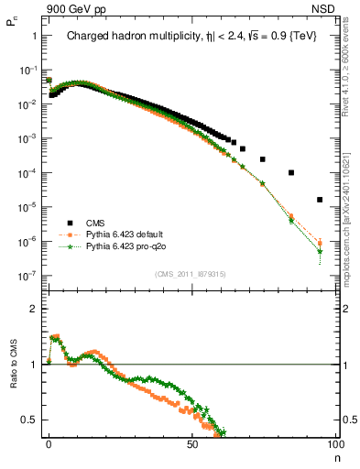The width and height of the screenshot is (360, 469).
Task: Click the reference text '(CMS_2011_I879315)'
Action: [x=191, y=274]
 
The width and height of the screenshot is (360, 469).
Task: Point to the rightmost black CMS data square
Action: [x=320, y=200]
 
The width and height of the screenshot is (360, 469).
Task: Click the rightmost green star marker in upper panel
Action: [x=320, y=251]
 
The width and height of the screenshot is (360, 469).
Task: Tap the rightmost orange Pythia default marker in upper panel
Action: [x=320, y=243]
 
